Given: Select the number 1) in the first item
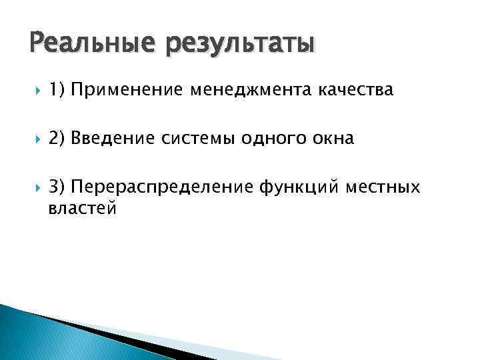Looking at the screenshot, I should [x=57, y=89].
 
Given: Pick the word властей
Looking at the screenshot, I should [x=83, y=209].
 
